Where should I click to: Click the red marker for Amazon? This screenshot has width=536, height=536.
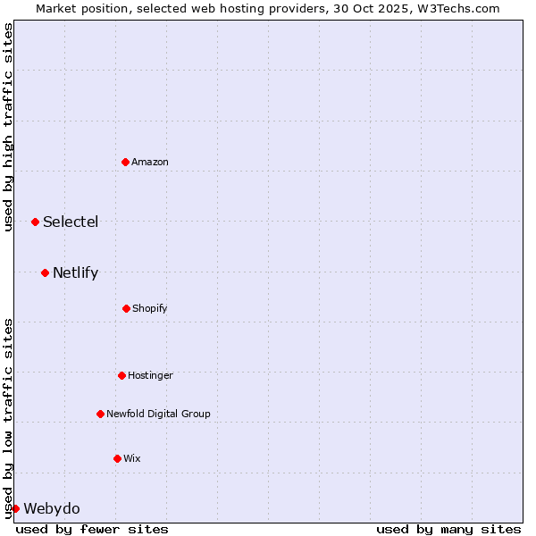coord(126,162)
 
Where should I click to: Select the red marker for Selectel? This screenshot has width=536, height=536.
coord(35,222)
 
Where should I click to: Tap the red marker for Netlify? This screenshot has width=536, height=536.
coord(45,272)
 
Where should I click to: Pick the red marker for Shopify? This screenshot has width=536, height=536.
coord(126,308)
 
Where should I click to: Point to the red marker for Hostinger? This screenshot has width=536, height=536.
coord(121,375)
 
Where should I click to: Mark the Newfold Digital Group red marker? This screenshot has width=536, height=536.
coord(100,414)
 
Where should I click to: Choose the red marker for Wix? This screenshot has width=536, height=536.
coord(117,458)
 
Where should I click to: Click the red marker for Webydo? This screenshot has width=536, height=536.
coord(15,508)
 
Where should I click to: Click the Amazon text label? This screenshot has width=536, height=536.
coord(150,162)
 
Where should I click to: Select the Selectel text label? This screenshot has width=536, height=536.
coord(71,222)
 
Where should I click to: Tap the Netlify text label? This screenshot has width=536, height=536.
coord(75,272)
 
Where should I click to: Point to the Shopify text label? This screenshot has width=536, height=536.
coord(150,308)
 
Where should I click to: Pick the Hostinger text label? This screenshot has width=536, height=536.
coord(150,375)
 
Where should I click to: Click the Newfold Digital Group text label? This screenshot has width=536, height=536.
coord(158,414)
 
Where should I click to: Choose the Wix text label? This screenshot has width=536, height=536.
coord(132,458)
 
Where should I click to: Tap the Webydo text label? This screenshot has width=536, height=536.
coord(52,508)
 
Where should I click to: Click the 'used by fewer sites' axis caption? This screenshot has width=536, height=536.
coord(92,529)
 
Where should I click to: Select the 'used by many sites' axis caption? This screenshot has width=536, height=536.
coord(448,529)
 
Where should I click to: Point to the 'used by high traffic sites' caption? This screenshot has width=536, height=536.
coord(8,127)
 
